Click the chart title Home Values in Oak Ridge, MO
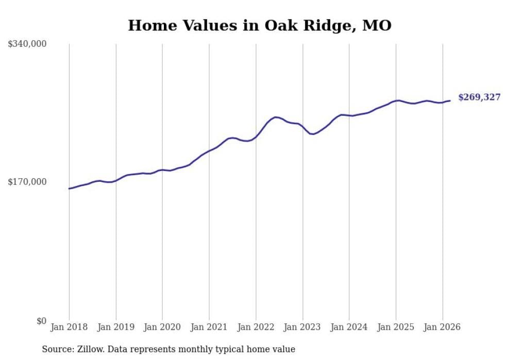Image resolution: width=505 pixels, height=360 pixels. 260,25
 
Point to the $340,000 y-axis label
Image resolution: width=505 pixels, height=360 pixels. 27,44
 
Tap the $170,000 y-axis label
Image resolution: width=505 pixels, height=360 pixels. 27,182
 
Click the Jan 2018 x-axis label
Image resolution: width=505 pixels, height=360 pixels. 69,327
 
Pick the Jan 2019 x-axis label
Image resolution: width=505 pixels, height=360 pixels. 116,327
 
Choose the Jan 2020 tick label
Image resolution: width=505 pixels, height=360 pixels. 162,327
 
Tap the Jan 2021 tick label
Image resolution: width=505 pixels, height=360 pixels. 209,327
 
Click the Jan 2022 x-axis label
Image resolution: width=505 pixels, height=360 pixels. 256,327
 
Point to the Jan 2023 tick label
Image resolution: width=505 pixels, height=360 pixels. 302,327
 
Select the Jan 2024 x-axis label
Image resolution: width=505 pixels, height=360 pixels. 349,327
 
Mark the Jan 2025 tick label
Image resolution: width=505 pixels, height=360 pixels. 396,327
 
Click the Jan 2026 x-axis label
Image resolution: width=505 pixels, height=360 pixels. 442,327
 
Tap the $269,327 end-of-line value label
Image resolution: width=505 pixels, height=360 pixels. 479,97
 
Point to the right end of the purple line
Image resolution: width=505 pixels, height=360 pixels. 450,100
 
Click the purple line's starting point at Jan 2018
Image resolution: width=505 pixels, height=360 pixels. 69,188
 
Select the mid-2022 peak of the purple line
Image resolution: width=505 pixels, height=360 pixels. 276,117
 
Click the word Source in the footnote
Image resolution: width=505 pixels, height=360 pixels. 56,349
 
